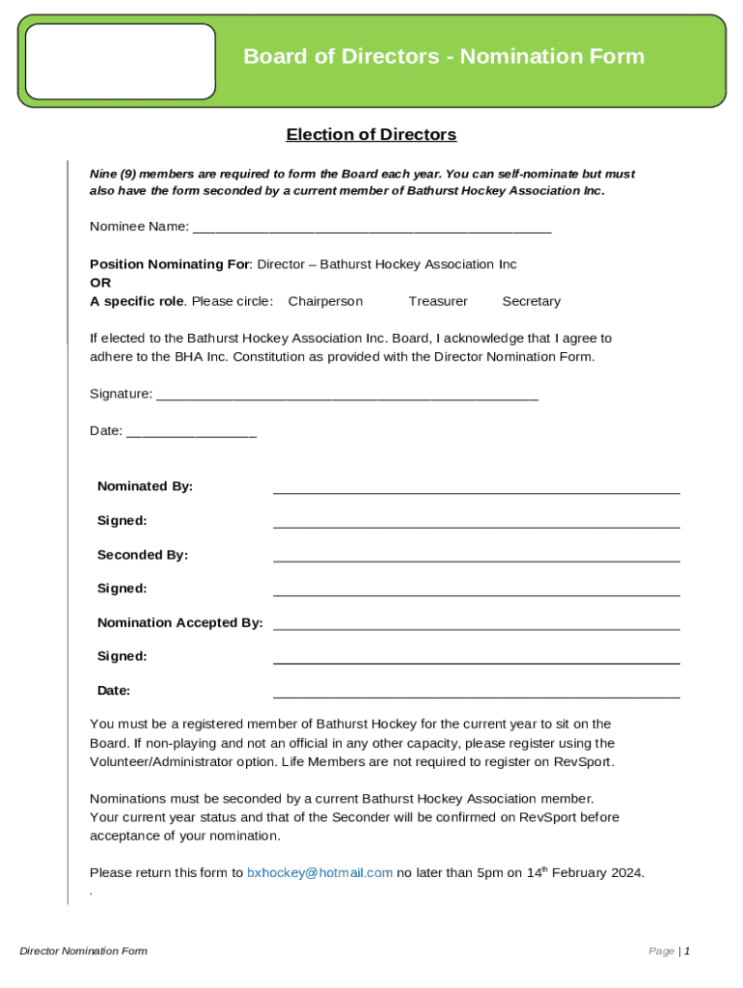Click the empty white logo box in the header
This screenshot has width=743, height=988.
pos(121,62)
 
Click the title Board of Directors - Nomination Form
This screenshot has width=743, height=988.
pos(443,57)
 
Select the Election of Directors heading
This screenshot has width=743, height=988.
pos(371,135)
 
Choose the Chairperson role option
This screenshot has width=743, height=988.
pos(325,302)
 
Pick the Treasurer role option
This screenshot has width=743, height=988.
pos(437,302)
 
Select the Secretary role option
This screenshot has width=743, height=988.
pos(531,302)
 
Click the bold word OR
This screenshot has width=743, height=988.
pos(100,284)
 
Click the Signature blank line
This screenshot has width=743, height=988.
pos(346,396)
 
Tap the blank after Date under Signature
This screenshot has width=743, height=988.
pos(191,433)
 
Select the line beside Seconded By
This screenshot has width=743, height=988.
pos(476,557)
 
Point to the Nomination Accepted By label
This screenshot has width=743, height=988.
pos(179,623)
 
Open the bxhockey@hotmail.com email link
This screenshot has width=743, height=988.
pos(319,873)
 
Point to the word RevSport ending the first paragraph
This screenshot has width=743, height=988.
pos(583,762)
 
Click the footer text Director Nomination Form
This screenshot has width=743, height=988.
pos(83,951)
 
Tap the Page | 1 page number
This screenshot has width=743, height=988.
pos(669,951)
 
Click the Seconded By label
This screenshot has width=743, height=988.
pos(142,556)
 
